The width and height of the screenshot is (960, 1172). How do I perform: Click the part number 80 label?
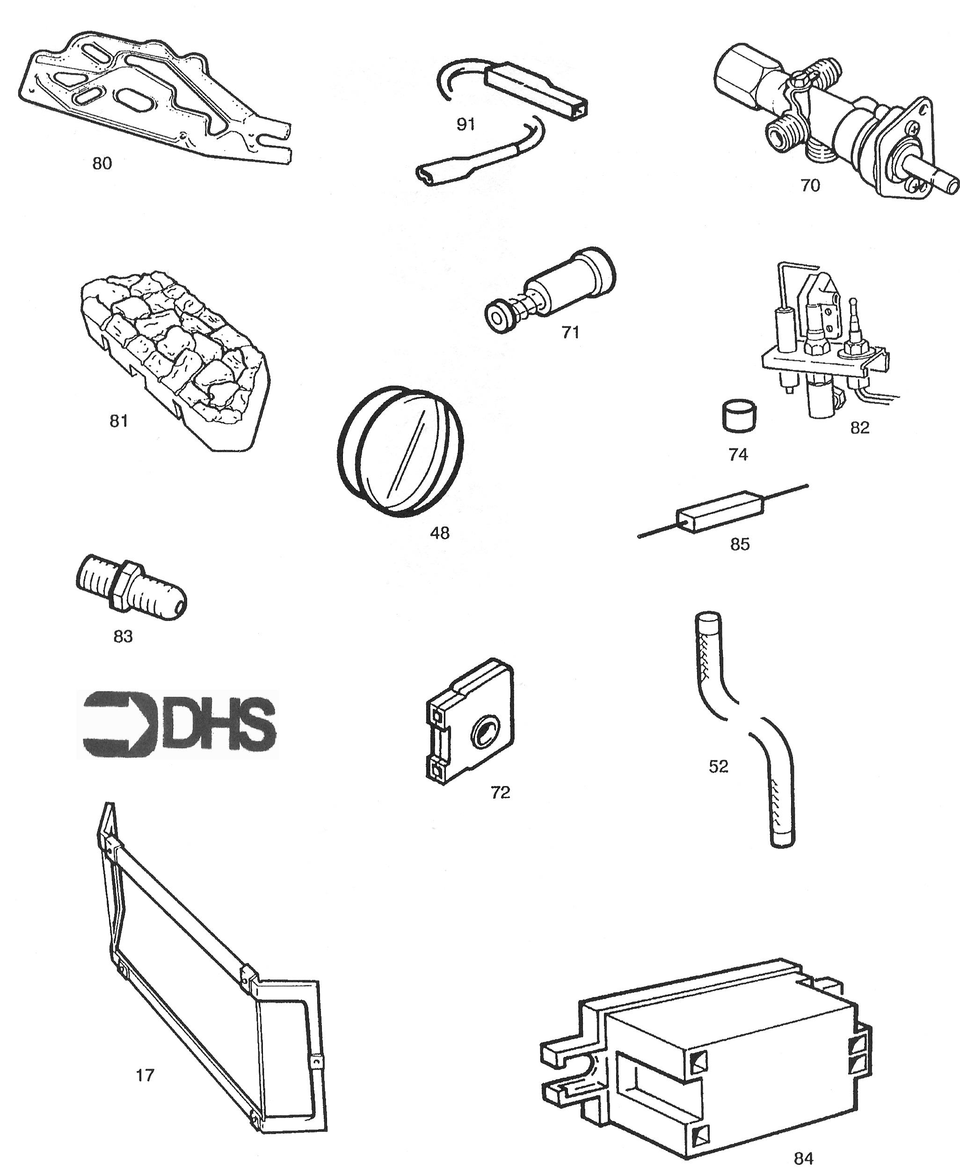coord(102,164)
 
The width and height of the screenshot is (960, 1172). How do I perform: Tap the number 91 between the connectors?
coord(465,124)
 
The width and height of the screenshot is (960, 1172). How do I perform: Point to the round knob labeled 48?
coord(400,452)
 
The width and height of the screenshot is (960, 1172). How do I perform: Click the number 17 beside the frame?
coord(145,1075)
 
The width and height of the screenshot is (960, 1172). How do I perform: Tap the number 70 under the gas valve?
coord(810,186)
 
